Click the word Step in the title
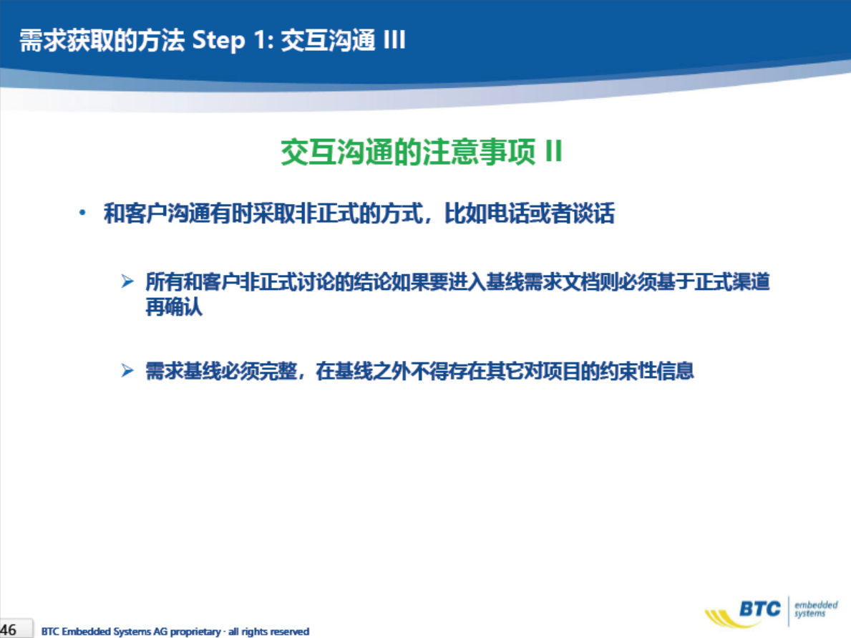tap(219, 41)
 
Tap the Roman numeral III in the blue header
tap(394, 39)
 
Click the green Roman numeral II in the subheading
tap(553, 151)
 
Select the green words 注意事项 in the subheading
tap(479, 152)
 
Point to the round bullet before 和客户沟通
tap(82, 213)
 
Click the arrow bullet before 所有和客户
tap(127, 281)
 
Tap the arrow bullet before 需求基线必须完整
tap(127, 371)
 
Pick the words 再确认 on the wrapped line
tap(174, 306)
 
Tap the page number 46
tap(9, 630)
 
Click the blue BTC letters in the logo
tap(760, 609)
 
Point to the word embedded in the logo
tap(816, 604)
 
